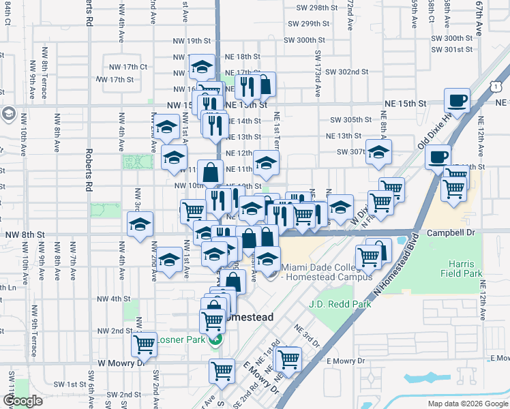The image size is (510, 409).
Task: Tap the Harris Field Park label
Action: (466, 269)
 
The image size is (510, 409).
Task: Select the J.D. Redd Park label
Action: (340, 304)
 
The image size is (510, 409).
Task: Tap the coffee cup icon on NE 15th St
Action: (457, 102)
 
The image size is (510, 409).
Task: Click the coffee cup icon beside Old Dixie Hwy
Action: (438, 157)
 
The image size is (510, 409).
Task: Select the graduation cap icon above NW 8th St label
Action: (140, 224)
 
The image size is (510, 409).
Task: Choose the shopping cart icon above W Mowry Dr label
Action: (144, 345)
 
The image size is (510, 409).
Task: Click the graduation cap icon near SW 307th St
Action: (378, 152)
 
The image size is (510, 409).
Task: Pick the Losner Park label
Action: (181, 339)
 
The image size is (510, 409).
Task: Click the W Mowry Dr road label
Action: (122, 364)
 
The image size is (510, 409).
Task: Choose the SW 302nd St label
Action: (346, 72)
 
